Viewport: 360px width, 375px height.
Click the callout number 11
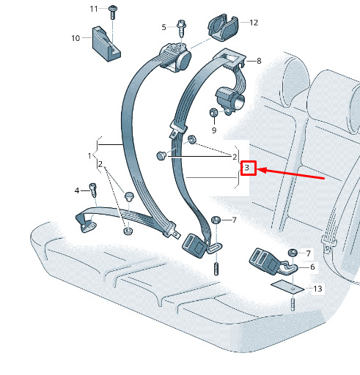(x=94, y=9)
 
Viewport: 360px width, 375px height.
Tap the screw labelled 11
(x=113, y=12)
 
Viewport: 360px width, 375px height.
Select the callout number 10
(x=76, y=38)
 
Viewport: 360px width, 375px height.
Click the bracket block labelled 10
(x=106, y=44)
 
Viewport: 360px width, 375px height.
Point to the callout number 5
(x=164, y=27)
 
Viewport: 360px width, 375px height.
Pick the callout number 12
(x=254, y=23)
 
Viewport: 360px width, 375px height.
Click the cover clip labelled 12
(x=222, y=27)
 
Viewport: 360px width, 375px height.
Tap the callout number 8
(x=259, y=61)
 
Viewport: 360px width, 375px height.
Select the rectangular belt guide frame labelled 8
(x=229, y=58)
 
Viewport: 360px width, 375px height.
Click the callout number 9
(x=214, y=130)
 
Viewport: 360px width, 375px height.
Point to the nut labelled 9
(x=213, y=113)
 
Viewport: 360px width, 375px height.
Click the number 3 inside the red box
(x=247, y=168)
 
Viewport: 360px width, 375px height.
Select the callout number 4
(x=77, y=190)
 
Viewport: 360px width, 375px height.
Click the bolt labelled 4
(x=93, y=190)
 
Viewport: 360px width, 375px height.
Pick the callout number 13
(x=317, y=289)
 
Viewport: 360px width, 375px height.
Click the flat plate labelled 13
(x=287, y=286)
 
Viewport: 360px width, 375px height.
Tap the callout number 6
(x=312, y=267)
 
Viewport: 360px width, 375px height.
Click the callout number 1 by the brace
(x=89, y=155)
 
